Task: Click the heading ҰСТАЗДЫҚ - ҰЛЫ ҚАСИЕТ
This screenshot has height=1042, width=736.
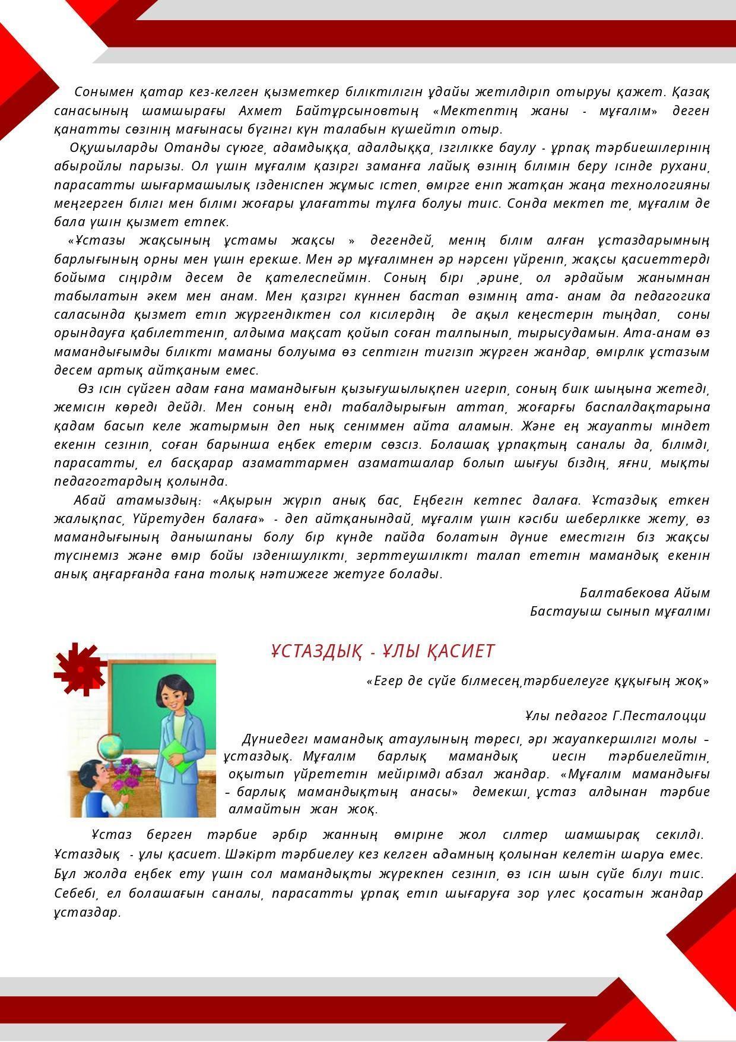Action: (382, 651)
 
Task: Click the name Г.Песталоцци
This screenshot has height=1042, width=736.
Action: (659, 715)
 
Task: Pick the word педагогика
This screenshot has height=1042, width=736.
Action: (672, 296)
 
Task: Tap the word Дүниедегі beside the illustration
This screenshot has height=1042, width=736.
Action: (274, 740)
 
